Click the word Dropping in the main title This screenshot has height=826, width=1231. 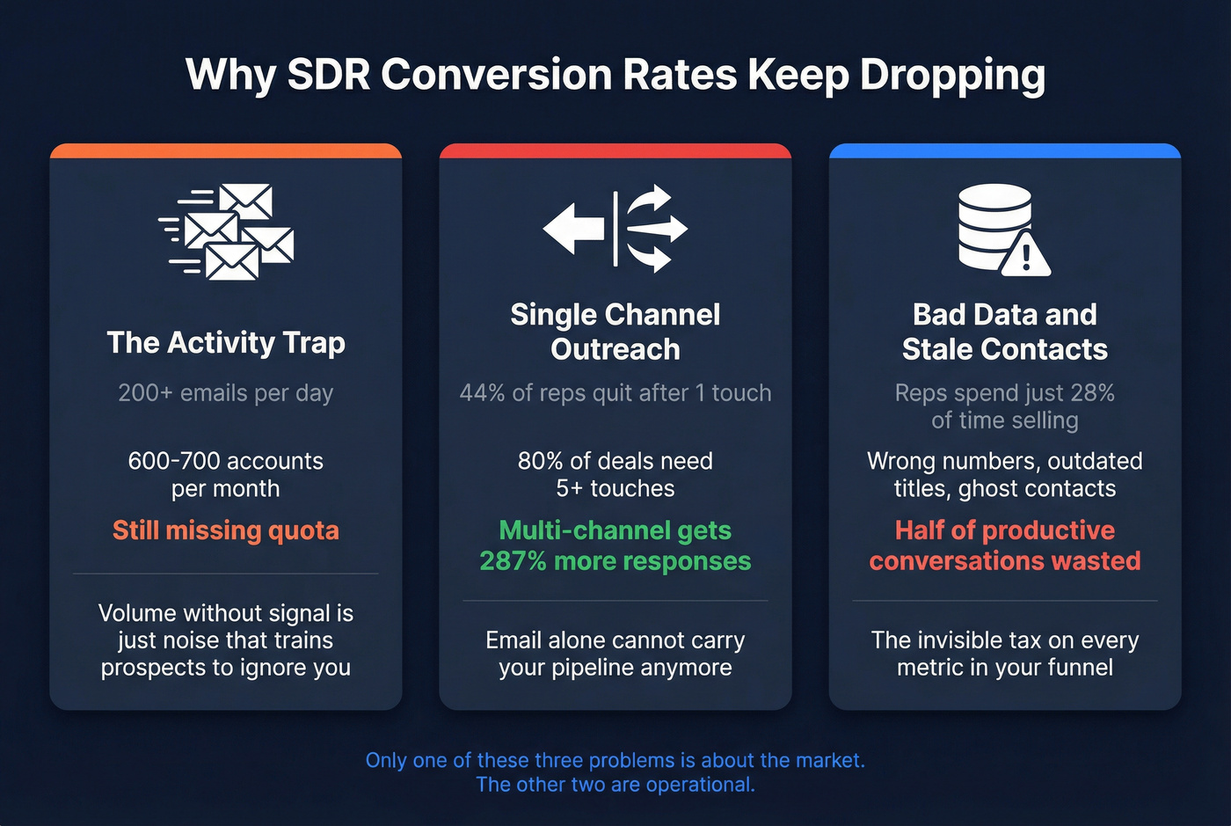tap(952, 76)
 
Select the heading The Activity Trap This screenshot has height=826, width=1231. tap(226, 342)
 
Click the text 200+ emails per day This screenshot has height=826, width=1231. tap(226, 393)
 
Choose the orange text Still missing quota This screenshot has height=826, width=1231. tap(226, 530)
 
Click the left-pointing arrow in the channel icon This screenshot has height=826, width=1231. tap(572, 229)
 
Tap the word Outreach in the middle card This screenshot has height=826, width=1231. tap(615, 349)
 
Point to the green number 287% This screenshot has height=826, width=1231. tap(514, 561)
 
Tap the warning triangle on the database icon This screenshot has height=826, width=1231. tap(1025, 254)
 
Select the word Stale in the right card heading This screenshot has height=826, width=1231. tap(937, 349)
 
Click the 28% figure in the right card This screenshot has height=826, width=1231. tap(1093, 393)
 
